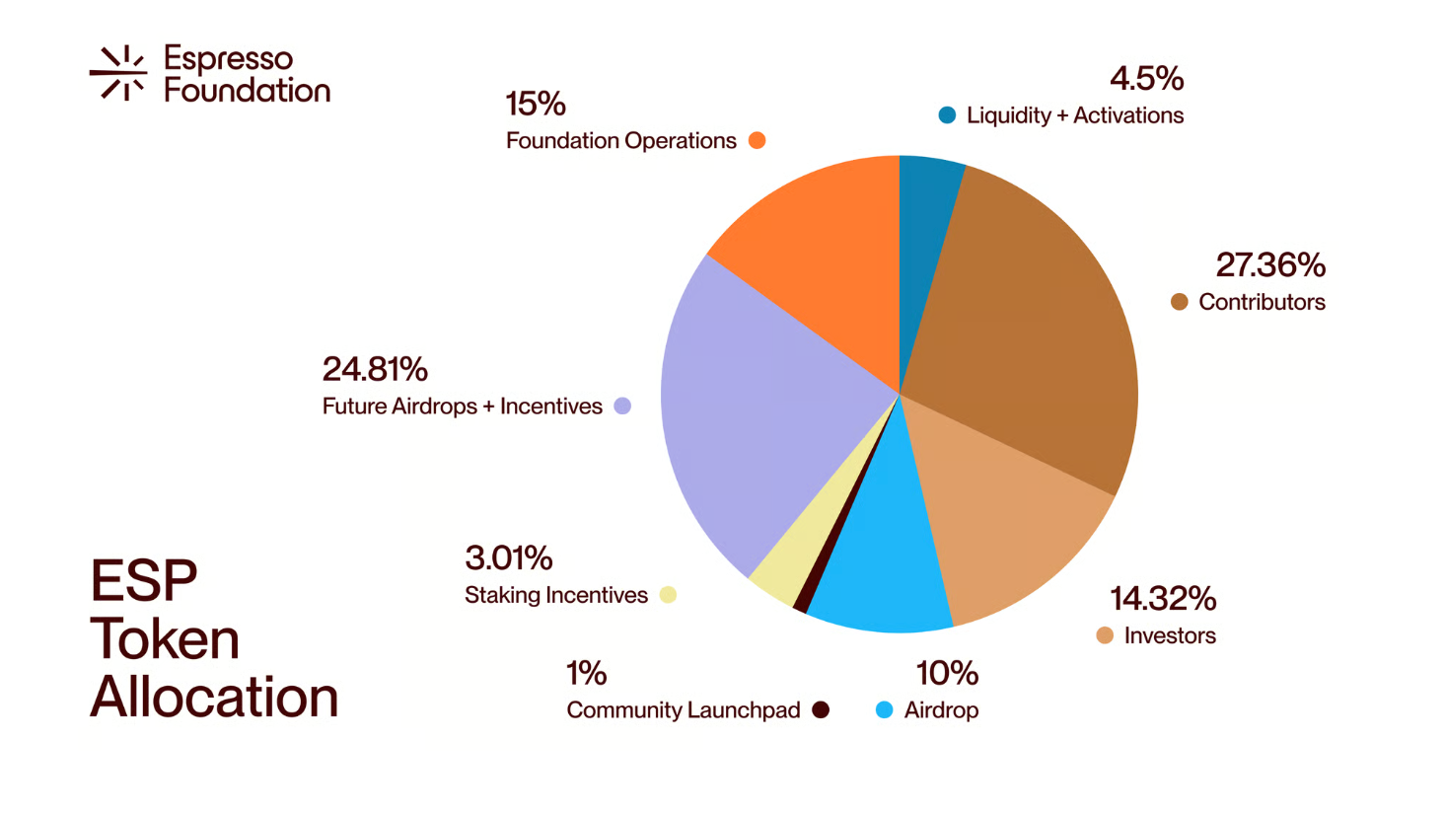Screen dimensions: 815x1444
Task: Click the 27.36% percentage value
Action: coord(1270,264)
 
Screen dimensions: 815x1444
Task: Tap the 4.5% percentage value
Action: coord(1146,78)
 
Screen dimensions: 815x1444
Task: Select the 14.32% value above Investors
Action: coord(1163,598)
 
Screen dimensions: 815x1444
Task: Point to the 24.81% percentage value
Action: coord(375,369)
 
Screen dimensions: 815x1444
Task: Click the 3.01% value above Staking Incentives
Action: coord(508,557)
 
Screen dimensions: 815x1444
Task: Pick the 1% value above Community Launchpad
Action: coord(586,673)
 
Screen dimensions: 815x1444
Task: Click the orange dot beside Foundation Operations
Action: coord(757,140)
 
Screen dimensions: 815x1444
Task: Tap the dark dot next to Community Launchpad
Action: coord(821,709)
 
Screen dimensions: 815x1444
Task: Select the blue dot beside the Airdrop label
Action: coord(885,709)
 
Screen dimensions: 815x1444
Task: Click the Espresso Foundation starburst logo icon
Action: coord(119,73)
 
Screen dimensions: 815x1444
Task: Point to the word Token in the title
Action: coord(165,638)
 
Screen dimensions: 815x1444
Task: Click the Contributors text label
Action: coord(1262,302)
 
